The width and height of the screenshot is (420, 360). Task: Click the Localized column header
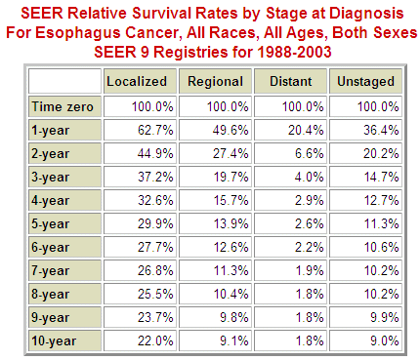tap(136, 81)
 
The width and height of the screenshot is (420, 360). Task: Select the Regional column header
tap(215, 81)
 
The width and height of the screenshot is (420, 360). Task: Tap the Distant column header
tap(290, 81)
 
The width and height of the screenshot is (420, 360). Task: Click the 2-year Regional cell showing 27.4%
tap(227, 152)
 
